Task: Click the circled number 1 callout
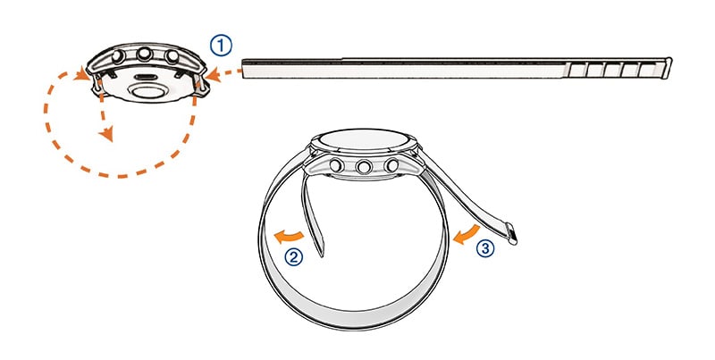(221, 46)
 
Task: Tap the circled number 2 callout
(294, 257)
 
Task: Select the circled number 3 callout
(485, 248)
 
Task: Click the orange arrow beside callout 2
(288, 237)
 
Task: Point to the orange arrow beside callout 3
(466, 234)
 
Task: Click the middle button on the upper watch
(145, 54)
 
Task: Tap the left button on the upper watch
(118, 56)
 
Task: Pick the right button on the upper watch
(172, 56)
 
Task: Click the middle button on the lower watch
(364, 167)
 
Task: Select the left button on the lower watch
(336, 165)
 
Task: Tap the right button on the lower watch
(391, 165)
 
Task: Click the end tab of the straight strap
(669, 68)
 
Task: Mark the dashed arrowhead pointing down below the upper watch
(106, 134)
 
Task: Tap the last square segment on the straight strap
(646, 71)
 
